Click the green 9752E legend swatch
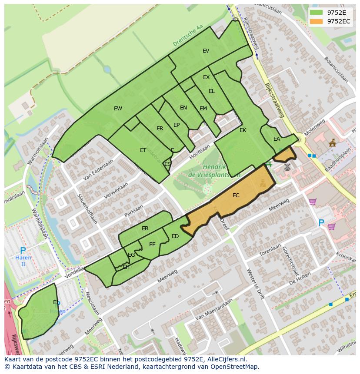tap(317, 13)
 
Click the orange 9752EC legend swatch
tap(317, 21)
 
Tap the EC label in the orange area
tap(236, 195)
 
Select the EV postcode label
tap(206, 51)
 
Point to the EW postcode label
tap(118, 109)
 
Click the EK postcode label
tap(243, 130)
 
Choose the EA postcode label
tap(277, 139)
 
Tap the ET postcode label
tap(143, 150)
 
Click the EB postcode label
tap(145, 228)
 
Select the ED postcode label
tap(175, 236)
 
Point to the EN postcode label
tap(183, 108)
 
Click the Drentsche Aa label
tap(188, 36)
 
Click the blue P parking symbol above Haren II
tap(23, 251)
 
